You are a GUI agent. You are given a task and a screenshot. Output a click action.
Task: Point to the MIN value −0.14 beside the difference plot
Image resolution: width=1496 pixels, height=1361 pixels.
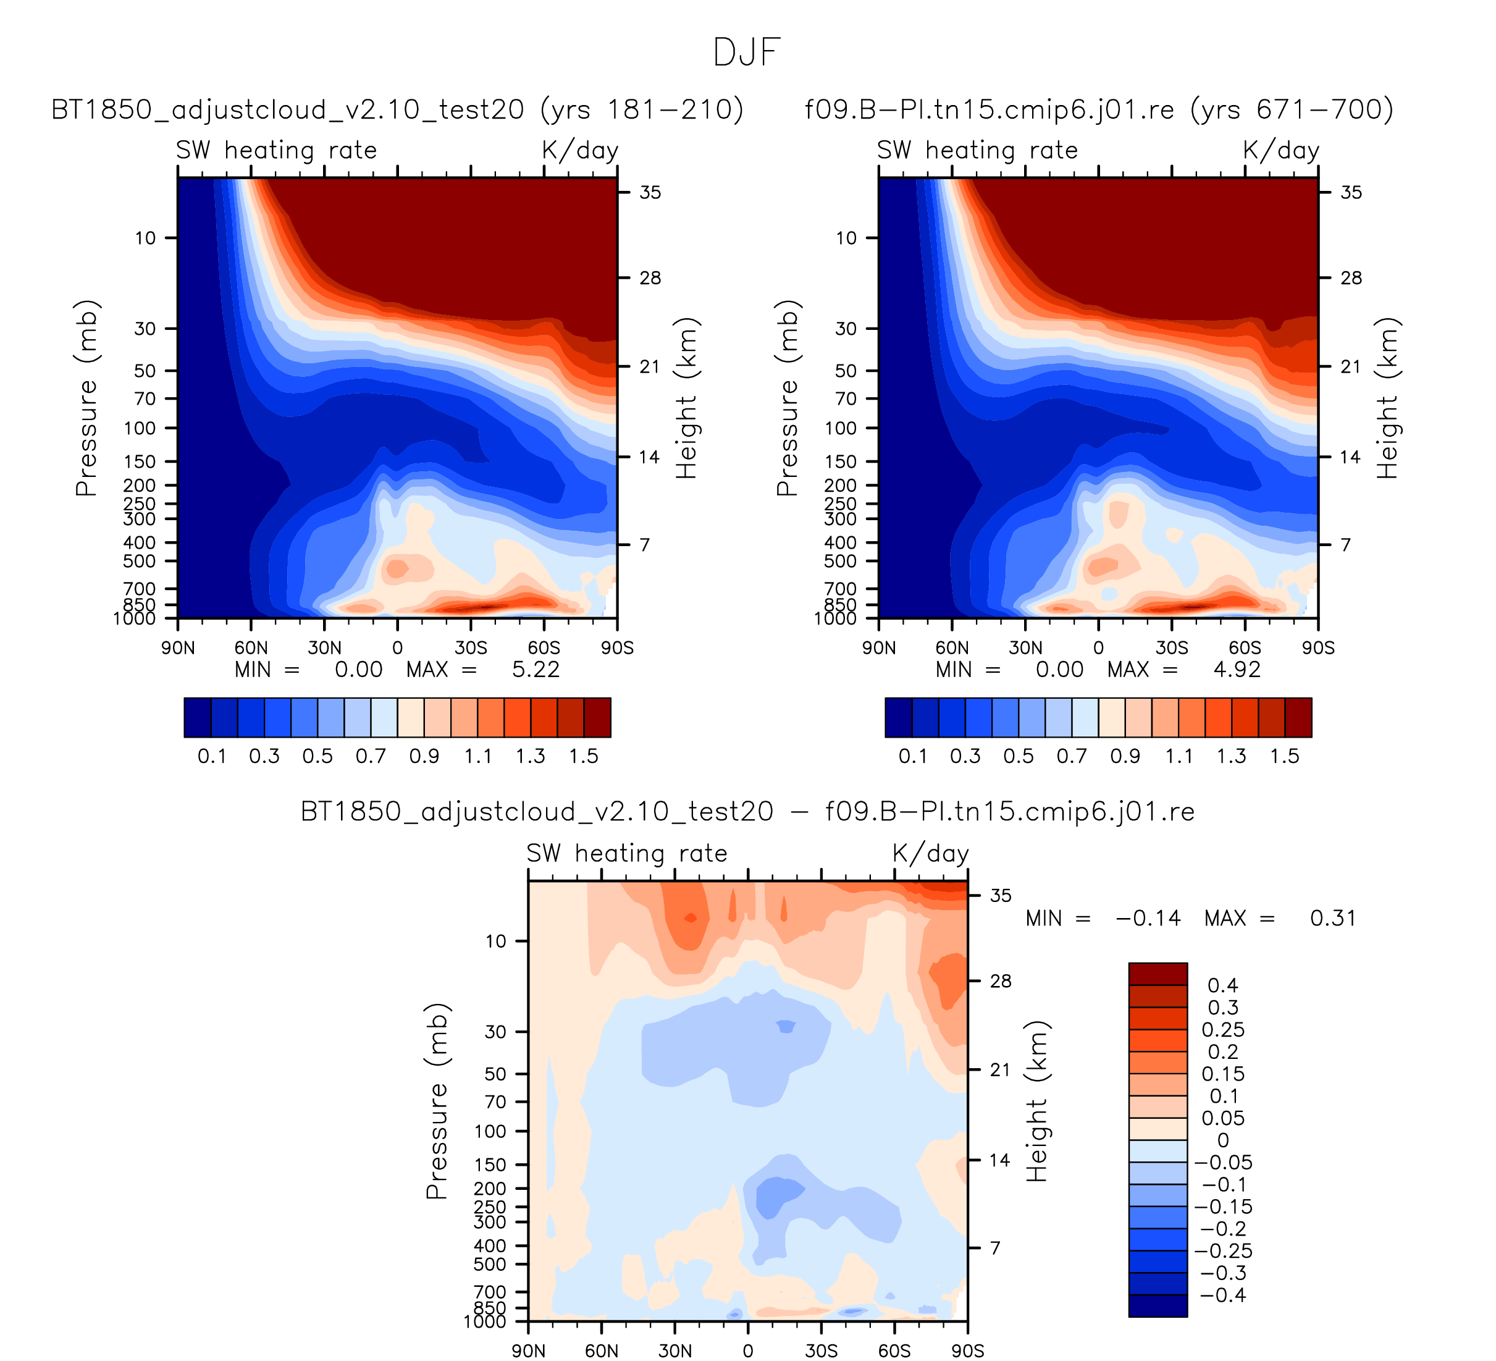coord(1148,919)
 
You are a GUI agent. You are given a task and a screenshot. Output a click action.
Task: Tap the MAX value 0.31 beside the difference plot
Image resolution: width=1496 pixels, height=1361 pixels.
coord(1333,919)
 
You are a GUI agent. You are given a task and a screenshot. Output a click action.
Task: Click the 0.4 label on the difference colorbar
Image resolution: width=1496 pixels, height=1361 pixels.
coord(1222,985)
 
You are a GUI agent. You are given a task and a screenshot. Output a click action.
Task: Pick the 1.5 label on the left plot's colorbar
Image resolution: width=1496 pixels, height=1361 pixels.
coord(583,756)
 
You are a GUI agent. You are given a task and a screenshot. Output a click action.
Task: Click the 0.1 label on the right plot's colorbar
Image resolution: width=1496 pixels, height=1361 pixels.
coord(913,756)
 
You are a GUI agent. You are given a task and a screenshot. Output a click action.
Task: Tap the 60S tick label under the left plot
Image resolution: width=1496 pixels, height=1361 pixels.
coord(544,648)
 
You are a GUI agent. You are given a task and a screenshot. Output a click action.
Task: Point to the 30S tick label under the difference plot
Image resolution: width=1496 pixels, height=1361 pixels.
coord(821,1350)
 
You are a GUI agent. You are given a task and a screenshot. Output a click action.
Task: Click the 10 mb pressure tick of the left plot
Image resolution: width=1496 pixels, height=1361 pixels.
coord(145,238)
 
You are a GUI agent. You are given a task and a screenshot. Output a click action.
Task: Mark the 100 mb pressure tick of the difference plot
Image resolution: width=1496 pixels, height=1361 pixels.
coord(490,1132)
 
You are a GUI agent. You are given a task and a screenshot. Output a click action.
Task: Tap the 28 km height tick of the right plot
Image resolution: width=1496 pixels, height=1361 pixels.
coord(1351,278)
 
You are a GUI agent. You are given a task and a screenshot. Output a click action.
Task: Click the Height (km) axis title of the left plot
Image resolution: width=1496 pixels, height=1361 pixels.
coord(686,398)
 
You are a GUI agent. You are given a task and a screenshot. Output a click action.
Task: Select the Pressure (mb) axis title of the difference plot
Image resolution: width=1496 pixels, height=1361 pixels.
coord(437,1102)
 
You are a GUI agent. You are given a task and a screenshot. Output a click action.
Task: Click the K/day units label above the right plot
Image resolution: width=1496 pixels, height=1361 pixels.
coord(1281,151)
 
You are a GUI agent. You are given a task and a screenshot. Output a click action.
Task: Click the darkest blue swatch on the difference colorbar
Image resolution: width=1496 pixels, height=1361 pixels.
coord(1158,1306)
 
